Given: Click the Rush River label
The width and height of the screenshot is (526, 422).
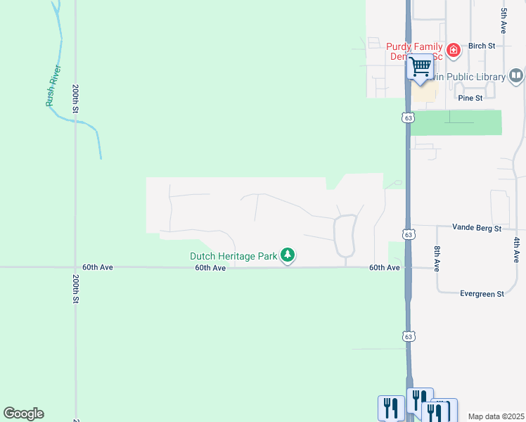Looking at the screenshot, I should pyautogui.click(x=53, y=86).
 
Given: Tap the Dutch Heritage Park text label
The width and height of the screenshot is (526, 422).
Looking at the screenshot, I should pyautogui.click(x=233, y=256).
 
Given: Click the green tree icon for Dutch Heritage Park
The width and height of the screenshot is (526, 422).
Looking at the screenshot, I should pyautogui.click(x=287, y=255).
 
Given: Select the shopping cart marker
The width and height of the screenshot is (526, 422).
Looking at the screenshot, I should pyautogui.click(x=421, y=67).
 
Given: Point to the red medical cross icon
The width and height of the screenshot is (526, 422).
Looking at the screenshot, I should pyautogui.click(x=454, y=50).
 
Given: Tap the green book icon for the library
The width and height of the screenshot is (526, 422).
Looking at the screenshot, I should pyautogui.click(x=516, y=75).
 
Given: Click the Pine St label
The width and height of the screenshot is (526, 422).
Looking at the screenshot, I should pyautogui.click(x=470, y=98).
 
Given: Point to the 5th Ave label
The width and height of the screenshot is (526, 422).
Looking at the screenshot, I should pyautogui.click(x=504, y=21).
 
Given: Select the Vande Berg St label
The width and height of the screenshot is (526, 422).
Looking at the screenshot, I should pyautogui.click(x=477, y=229).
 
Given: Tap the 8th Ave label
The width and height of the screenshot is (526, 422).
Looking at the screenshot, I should pyautogui.click(x=437, y=259).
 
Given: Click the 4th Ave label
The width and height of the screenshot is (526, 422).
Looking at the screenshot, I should pyautogui.click(x=515, y=250).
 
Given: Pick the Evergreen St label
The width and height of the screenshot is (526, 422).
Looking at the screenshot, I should pyautogui.click(x=482, y=294).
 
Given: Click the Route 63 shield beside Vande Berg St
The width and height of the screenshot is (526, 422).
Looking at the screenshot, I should pyautogui.click(x=408, y=233).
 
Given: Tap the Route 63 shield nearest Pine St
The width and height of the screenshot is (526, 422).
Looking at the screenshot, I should pyautogui.click(x=408, y=117).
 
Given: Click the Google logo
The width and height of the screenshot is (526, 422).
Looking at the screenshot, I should pyautogui.click(x=23, y=414).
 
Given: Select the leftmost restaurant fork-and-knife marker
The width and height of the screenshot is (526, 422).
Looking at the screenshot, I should pyautogui.click(x=391, y=408).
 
